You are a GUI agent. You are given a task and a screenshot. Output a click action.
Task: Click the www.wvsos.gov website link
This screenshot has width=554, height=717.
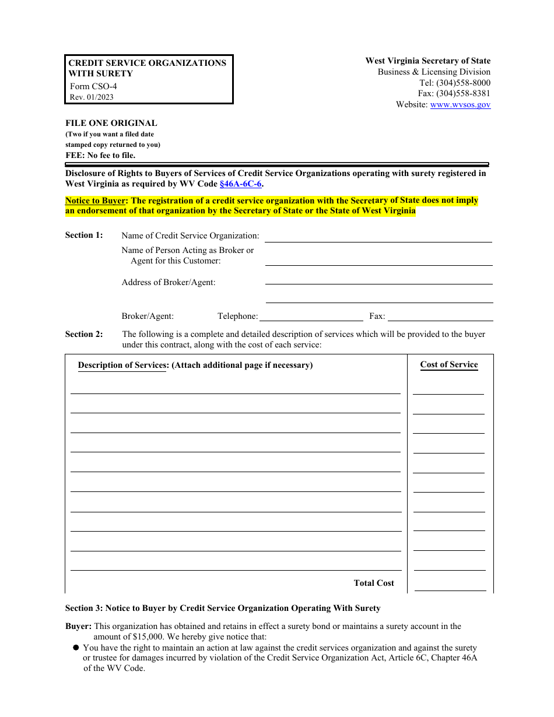[x=460, y=105]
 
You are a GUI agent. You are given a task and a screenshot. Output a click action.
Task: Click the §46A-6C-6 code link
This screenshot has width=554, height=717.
[x=240, y=184]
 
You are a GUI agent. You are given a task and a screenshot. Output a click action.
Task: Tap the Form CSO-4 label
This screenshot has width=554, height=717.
[x=93, y=86]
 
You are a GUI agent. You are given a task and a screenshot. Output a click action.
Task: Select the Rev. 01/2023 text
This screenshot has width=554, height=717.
[x=92, y=97]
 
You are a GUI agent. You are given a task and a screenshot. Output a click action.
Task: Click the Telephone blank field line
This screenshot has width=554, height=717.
[x=311, y=317]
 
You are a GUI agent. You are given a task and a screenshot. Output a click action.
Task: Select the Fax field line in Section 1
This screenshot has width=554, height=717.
[x=440, y=317]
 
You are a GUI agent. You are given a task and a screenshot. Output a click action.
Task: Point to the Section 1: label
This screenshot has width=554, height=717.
[x=84, y=236]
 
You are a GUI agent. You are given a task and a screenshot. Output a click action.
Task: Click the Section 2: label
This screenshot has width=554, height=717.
[x=84, y=335]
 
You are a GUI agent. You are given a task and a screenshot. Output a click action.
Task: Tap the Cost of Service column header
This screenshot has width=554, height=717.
[x=449, y=365]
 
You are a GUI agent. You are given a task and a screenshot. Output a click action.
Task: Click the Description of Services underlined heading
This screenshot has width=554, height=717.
[x=122, y=365]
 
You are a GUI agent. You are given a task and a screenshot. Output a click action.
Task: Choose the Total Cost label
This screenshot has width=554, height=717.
[x=374, y=584]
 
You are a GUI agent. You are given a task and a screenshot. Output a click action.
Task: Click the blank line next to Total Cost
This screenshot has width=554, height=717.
[x=450, y=586]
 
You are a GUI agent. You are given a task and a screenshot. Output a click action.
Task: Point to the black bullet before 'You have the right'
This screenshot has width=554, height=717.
[x=76, y=648]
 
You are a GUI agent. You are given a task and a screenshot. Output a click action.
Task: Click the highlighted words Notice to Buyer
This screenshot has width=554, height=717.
[x=96, y=201]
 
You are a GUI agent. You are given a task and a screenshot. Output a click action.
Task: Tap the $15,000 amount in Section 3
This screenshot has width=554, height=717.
[x=148, y=637]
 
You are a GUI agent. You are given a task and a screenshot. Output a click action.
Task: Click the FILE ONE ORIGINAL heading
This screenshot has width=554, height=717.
[x=111, y=124]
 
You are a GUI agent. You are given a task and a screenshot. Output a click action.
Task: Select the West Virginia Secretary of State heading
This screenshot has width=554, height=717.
[x=427, y=61]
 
